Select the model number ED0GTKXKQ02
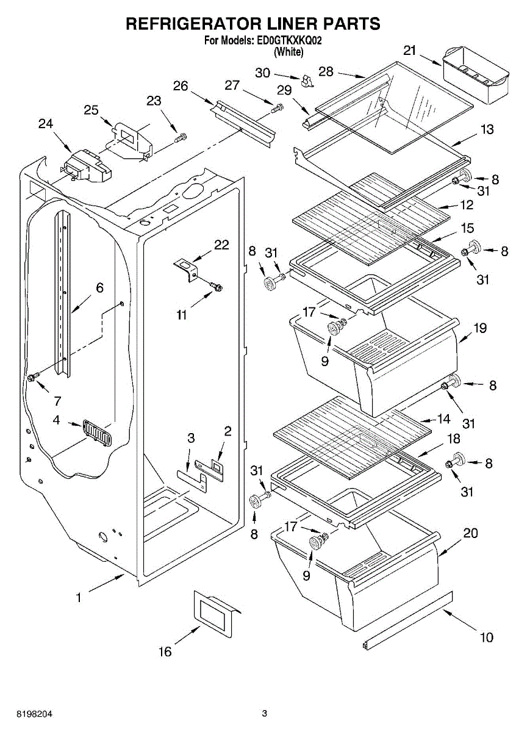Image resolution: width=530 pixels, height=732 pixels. [290, 41]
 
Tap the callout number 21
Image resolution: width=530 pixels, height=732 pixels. [410, 51]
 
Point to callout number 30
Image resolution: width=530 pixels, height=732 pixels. [262, 73]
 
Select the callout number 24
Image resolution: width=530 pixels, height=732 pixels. [46, 124]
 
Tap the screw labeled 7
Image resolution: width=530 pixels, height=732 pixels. [34, 378]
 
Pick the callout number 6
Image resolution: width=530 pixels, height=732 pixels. [99, 287]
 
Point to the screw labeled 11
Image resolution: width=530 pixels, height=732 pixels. [217, 287]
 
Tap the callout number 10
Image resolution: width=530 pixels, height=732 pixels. [487, 637]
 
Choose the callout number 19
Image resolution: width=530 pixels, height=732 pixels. [480, 328]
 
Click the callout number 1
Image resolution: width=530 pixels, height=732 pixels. [79, 598]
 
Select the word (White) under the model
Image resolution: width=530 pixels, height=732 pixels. [288, 52]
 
